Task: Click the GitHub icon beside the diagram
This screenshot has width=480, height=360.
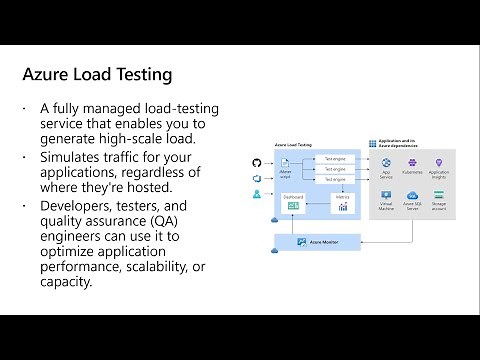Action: tap(256, 161)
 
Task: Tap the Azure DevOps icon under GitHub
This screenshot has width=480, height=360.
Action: tap(256, 177)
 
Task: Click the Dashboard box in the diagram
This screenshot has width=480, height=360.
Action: tap(292, 203)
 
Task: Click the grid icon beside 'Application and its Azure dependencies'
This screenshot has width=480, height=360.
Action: tap(372, 145)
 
